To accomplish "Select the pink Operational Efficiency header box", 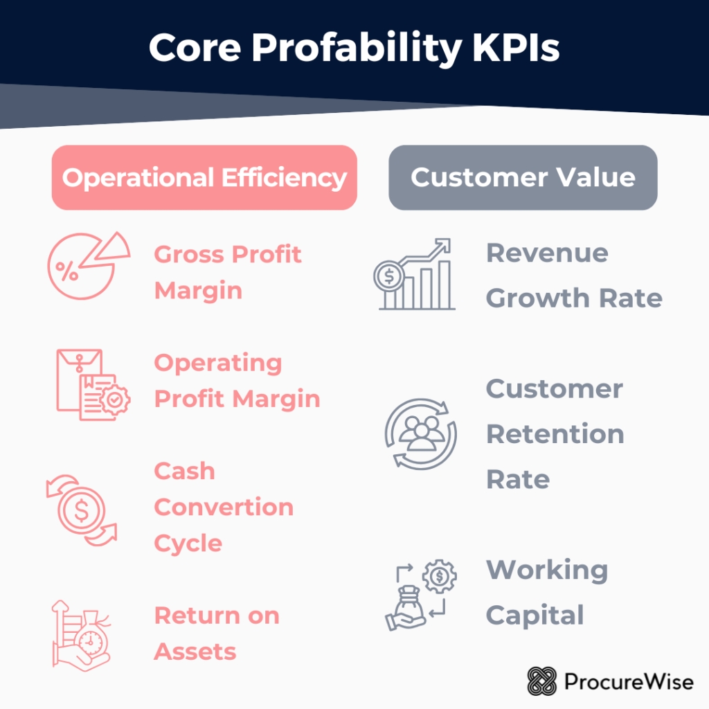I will [204, 178].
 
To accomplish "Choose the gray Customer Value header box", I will [523, 177].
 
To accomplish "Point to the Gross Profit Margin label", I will [228, 272].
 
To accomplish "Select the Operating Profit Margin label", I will [237, 381].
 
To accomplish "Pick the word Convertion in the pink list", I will [224, 507].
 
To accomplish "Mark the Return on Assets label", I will [216, 633].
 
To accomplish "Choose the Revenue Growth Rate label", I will [574, 276].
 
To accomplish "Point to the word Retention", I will [555, 434].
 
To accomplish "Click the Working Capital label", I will [547, 593].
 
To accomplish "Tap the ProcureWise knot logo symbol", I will [541, 681].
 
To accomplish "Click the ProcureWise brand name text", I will [629, 682].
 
